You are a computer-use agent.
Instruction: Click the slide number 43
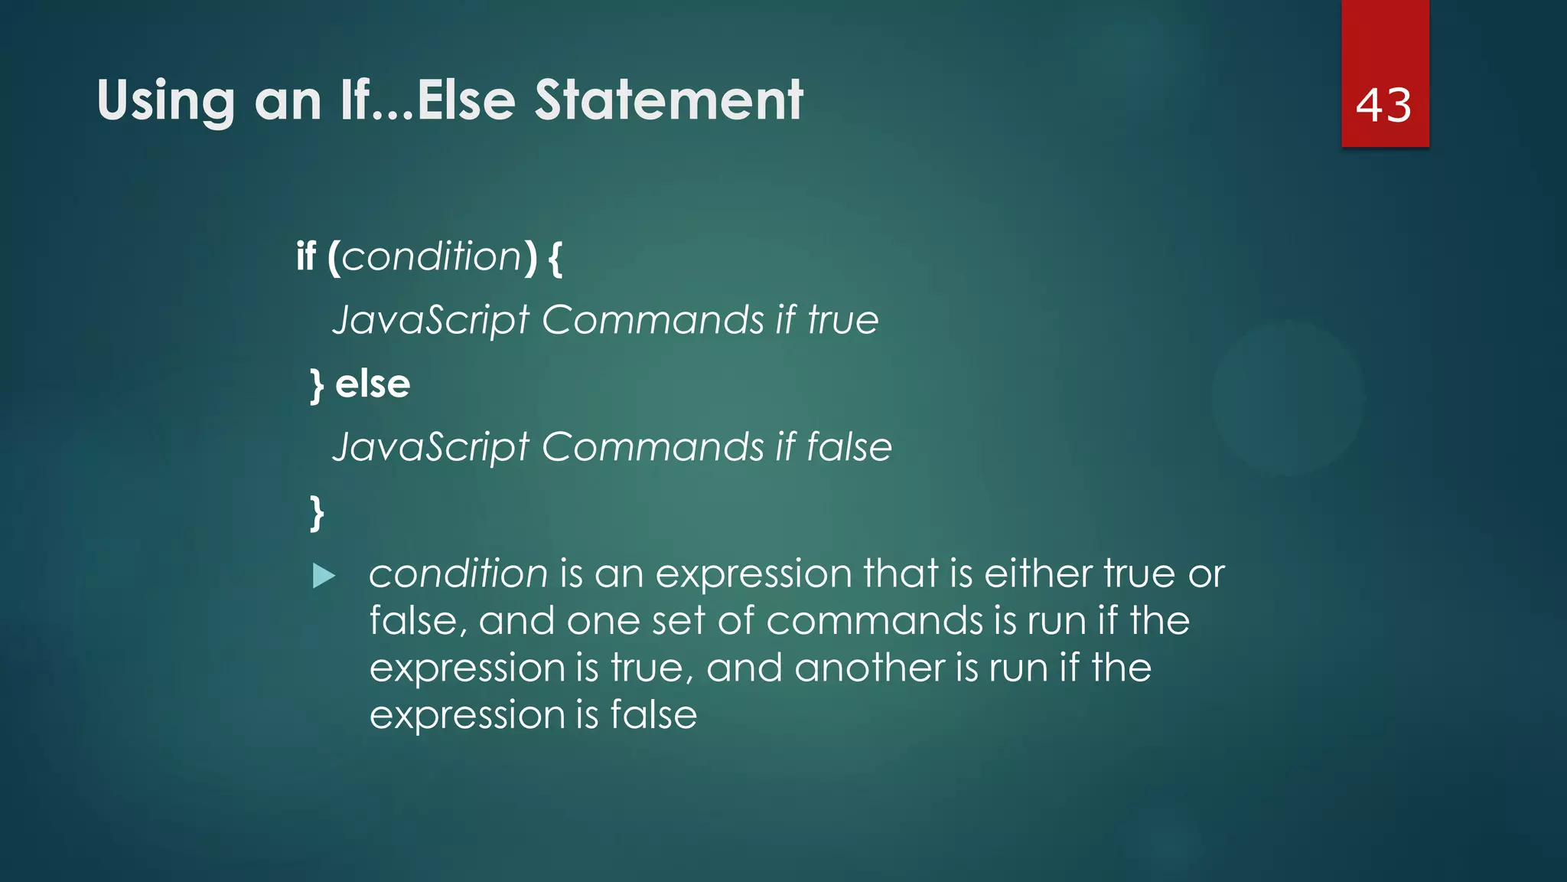tap(1383, 105)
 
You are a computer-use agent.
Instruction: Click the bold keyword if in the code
tap(306, 256)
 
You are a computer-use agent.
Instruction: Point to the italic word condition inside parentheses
tap(432, 256)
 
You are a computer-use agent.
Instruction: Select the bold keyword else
tap(373, 384)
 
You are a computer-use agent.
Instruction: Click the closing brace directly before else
tap(317, 385)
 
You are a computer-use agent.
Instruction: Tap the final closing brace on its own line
tap(317, 512)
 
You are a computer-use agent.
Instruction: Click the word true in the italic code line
tap(843, 320)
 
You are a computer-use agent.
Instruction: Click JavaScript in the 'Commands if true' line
tap(431, 320)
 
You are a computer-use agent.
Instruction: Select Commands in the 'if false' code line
tap(653, 447)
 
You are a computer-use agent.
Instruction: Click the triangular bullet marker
tap(324, 576)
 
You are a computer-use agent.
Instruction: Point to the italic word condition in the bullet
tap(458, 573)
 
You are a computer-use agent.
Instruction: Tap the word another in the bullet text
tap(869, 668)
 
